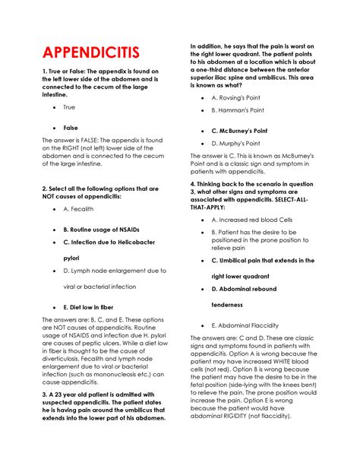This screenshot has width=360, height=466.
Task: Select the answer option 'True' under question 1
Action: (x=69, y=107)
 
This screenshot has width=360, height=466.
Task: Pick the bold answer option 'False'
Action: (x=71, y=128)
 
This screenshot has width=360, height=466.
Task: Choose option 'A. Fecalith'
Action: (x=79, y=208)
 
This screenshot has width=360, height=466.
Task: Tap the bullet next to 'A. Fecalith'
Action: (x=52, y=208)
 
